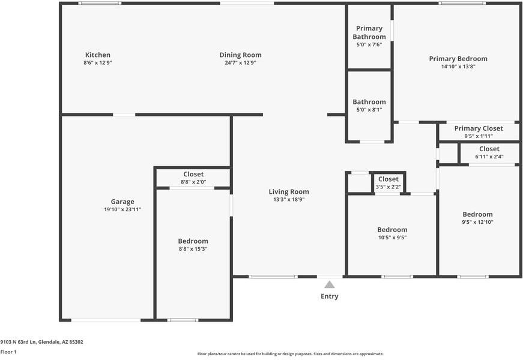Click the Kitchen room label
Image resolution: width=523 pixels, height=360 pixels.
coord(97,55)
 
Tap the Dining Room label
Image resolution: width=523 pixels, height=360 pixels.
coord(240,55)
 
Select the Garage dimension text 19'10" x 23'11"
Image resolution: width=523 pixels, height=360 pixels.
coord(122,209)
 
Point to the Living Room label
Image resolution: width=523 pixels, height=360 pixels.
coord(289,192)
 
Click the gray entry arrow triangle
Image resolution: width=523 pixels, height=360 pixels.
coord(329,284)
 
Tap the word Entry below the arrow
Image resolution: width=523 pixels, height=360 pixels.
coord(329,296)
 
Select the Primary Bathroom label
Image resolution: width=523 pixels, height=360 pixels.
coord(369,32)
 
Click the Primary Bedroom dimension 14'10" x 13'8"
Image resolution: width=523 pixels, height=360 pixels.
coord(458,67)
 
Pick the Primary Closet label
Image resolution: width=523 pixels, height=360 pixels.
coord(479,128)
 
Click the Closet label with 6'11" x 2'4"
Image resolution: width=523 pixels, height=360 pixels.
coord(489,149)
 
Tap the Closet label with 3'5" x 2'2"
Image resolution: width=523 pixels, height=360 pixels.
coord(388,179)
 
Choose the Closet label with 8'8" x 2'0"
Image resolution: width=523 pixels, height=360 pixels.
coord(193,174)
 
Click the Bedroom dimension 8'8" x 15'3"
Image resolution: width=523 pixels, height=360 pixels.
coord(193,248)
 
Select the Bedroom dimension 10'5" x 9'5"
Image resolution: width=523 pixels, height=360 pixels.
coord(392,237)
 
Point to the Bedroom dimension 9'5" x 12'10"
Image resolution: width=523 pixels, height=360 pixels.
coord(477,222)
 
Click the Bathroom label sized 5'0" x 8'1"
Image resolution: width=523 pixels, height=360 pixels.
coord(369,102)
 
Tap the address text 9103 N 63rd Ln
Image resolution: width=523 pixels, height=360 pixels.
coord(42,342)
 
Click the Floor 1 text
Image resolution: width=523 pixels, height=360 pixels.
coord(8,352)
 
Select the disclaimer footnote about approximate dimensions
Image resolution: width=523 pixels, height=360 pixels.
coord(290,354)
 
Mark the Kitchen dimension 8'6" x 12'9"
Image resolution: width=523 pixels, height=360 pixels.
coord(97,62)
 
